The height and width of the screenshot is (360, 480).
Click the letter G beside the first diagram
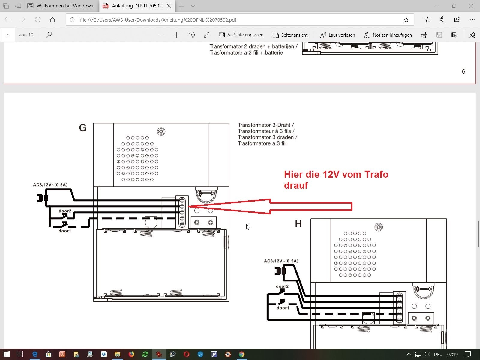tap(83, 128)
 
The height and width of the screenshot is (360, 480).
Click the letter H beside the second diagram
tap(298, 223)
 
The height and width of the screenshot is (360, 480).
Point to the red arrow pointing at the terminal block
tap(270, 206)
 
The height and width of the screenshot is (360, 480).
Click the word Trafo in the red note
tap(376, 174)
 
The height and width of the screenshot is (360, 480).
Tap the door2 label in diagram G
tap(65, 211)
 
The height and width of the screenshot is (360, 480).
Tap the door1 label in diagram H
tap(283, 308)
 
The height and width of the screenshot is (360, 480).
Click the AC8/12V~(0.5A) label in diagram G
tap(50, 185)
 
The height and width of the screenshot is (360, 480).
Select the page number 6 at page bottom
tap(463, 71)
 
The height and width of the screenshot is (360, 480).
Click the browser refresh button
tap(37, 20)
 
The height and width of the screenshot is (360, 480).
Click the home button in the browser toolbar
tap(52, 20)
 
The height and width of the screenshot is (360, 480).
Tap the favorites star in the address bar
tap(406, 20)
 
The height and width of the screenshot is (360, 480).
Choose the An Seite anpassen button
tap(241, 35)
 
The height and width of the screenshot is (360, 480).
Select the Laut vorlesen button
tap(337, 35)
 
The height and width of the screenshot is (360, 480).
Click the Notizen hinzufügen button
tap(388, 35)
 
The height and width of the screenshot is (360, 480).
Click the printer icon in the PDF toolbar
tap(424, 35)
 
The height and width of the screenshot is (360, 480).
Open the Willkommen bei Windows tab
tap(60, 6)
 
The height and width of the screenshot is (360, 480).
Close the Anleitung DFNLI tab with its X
tap(169, 6)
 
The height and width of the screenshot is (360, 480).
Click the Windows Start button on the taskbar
tap(7, 354)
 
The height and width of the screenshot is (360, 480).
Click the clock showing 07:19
tap(452, 354)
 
